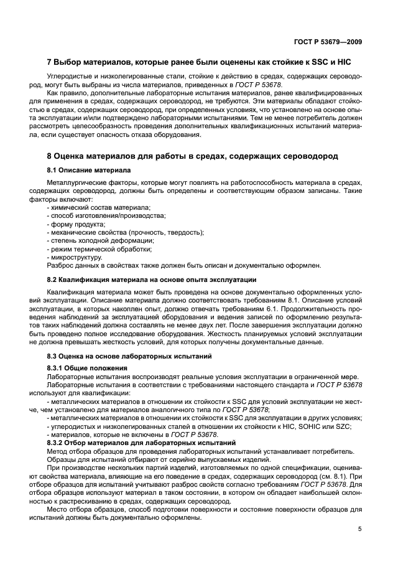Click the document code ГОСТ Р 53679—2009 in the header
coord(330,42)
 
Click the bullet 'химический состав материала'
coord(100,207)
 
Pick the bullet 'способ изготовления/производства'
coord(106,215)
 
